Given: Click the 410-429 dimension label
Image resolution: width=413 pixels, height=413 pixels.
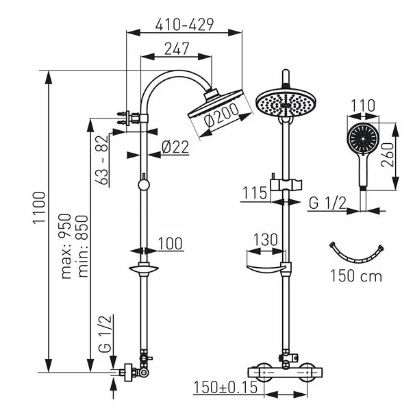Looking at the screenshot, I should click(x=184, y=25).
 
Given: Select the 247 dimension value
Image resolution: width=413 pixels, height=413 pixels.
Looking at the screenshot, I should click(x=176, y=49).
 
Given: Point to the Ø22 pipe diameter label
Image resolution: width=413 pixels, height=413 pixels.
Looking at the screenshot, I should click(x=176, y=145).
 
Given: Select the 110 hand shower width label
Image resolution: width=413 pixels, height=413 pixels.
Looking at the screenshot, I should click(x=362, y=106).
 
